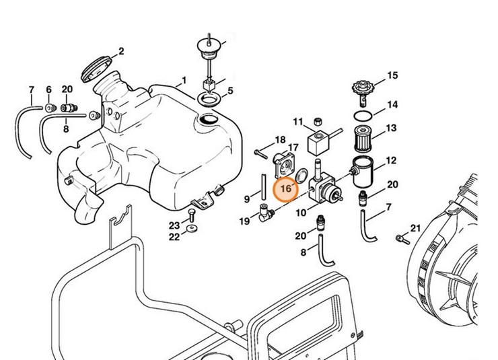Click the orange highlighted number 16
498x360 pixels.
click(286, 189)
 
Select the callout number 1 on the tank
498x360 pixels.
click(182, 81)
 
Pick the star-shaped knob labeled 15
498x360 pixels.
click(363, 89)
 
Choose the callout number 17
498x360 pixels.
click(293, 147)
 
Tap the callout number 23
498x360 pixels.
click(174, 225)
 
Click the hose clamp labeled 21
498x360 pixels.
click(402, 236)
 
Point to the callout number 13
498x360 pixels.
click(391, 128)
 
